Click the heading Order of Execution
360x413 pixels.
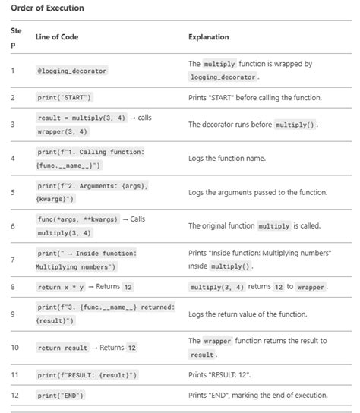(48, 8)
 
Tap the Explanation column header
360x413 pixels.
(209, 37)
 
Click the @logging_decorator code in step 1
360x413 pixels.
(72, 71)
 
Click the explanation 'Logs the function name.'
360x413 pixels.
(227, 159)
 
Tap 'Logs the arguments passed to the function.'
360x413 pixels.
(258, 192)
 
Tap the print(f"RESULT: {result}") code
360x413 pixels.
(87, 375)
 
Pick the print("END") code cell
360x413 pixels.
(61, 396)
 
